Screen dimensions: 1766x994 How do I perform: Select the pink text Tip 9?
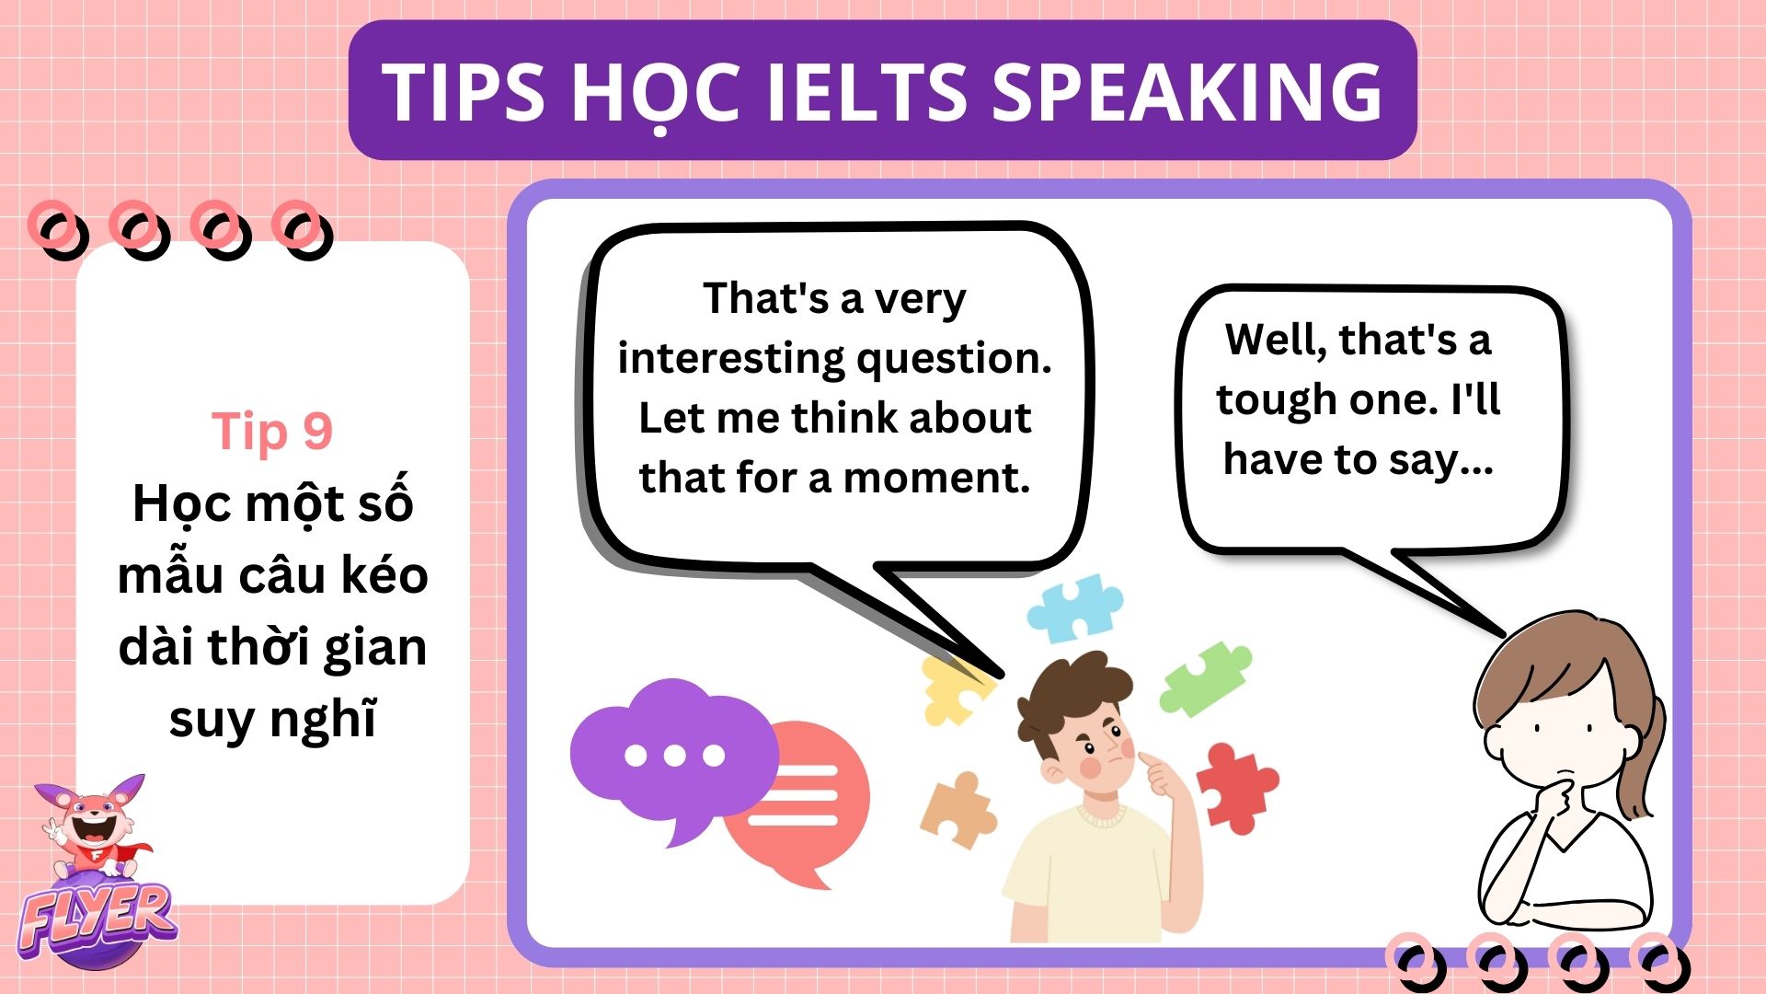coord(272,431)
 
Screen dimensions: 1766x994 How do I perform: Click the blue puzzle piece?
coord(1074,607)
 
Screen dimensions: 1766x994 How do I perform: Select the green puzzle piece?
coord(1205,678)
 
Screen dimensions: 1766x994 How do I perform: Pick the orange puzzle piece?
coord(958,809)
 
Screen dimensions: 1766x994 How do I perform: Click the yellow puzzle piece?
coord(953,688)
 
